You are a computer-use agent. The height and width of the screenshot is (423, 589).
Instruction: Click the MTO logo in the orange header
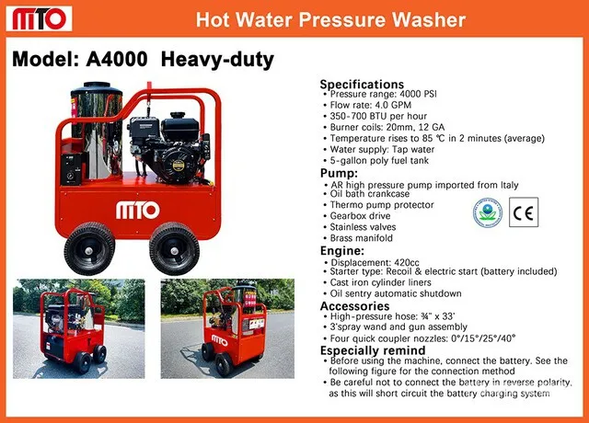coord(39,18)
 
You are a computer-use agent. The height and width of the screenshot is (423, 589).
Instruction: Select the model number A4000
coord(117,59)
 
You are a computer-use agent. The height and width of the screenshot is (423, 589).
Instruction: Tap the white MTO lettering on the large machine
coord(137,211)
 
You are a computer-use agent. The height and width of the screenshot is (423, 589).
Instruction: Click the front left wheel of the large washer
coord(89,248)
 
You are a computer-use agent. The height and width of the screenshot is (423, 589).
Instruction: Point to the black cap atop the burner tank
coord(97,86)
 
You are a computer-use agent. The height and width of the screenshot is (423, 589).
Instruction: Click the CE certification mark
coord(524,212)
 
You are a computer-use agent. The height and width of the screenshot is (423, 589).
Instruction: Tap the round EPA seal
coord(487,212)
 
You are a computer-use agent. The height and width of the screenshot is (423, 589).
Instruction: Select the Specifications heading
coord(362,84)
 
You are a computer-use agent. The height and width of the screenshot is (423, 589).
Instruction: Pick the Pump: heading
coord(339,174)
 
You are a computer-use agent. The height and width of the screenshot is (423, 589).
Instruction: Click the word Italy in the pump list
coord(509,185)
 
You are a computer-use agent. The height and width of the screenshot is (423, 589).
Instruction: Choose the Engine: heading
coord(341,251)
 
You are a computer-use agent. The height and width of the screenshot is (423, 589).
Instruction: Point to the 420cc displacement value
coord(407,262)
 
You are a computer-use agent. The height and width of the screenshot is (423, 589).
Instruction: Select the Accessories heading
coord(354,306)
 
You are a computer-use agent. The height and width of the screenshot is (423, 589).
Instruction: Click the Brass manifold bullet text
coord(362,238)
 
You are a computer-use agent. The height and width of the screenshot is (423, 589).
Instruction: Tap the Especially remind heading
coord(373,350)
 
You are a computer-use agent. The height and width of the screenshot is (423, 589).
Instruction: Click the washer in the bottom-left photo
coord(74,329)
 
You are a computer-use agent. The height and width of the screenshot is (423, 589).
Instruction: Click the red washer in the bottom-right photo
coord(233,330)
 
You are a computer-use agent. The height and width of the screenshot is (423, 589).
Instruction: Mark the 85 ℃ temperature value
coord(427,139)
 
